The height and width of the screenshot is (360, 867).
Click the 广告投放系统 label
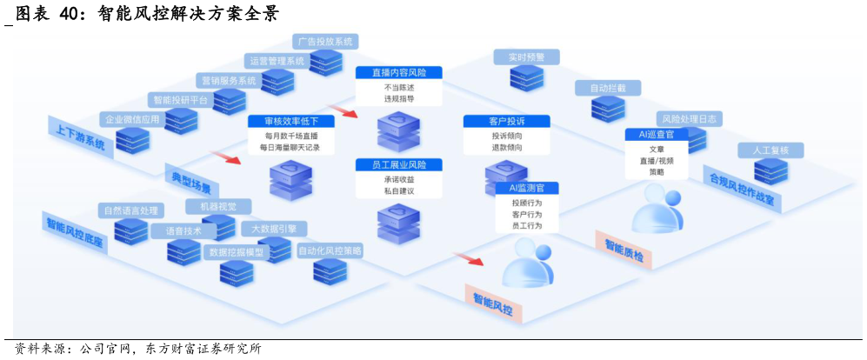[325, 41]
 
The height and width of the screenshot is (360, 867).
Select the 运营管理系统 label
[277, 61]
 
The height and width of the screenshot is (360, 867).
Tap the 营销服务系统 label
[228, 81]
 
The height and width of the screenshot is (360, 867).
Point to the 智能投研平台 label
[179, 100]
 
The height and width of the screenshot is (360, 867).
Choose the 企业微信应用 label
[131, 119]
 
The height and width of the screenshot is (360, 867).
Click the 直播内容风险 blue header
[398, 73]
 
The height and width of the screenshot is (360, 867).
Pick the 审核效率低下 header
[290, 122]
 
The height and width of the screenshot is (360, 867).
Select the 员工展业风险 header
[399, 164]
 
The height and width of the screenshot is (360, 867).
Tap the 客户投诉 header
[506, 121]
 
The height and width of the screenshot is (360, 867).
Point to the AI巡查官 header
[656, 135]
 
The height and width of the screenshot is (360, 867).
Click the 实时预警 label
[526, 57]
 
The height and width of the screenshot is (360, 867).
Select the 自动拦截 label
[607, 88]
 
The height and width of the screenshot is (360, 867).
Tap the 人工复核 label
[770, 150]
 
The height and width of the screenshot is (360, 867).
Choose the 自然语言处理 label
[130, 210]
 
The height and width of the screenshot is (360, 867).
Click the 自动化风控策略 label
[330, 250]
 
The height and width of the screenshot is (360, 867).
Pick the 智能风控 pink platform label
[492, 302]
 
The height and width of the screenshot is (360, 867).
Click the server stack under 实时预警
[526, 77]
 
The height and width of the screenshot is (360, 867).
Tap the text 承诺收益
[398, 179]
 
